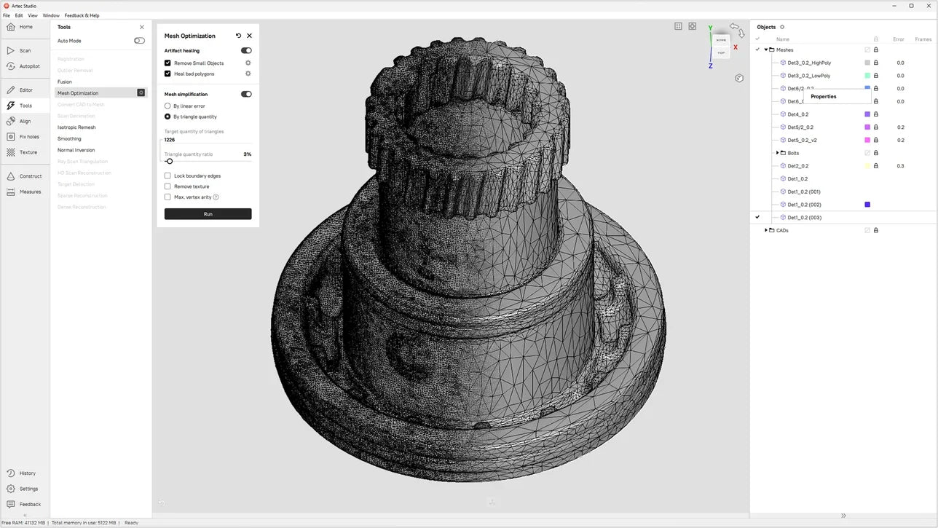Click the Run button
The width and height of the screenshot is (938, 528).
tap(208, 214)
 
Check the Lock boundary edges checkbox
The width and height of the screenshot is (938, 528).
tap(167, 176)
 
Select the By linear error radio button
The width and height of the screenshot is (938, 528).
tap(167, 106)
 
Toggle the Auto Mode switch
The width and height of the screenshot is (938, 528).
tap(139, 41)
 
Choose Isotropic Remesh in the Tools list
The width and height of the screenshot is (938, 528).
tap(76, 127)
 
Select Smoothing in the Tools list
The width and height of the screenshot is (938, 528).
tap(69, 138)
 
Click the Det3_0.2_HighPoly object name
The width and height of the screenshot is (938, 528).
tap(809, 63)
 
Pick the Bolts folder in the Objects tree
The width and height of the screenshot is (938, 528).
tap(793, 153)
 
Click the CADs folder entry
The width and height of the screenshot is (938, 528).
tap(782, 230)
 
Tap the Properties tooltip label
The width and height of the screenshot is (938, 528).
tap(824, 96)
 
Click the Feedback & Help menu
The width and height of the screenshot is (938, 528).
tap(82, 15)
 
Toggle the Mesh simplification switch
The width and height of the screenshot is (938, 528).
tap(246, 94)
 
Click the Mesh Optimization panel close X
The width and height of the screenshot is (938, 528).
tap(249, 36)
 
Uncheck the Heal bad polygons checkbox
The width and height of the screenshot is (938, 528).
tap(167, 74)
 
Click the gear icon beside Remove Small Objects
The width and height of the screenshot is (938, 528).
tap(248, 63)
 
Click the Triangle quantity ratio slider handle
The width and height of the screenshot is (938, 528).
tap(170, 161)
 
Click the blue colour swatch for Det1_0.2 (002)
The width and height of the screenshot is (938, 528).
tap(867, 205)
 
